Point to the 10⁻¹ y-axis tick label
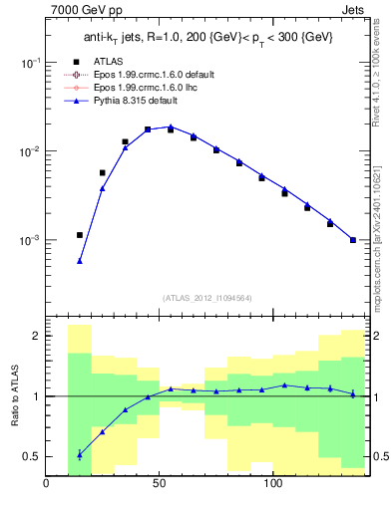27,62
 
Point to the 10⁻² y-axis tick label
27,151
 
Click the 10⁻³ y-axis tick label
27,241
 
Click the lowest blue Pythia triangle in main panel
80,261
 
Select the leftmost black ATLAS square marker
80,235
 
